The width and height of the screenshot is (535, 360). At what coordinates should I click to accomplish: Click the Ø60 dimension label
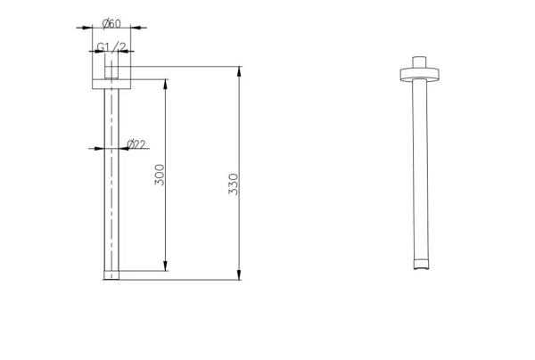(111, 24)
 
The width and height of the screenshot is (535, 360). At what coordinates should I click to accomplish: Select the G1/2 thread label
(111, 47)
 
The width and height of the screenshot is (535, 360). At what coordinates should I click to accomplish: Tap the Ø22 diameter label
(136, 144)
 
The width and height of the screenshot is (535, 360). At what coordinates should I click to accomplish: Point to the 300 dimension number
(160, 175)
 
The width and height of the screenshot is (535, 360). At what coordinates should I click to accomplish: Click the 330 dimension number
(233, 184)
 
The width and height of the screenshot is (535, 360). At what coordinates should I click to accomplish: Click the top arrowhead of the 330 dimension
(239, 71)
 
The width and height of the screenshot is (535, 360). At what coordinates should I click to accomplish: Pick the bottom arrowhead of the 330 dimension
(239, 274)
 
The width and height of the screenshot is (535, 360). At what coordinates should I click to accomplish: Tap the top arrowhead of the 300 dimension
(166, 85)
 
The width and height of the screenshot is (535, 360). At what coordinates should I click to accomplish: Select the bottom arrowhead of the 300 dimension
(166, 266)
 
